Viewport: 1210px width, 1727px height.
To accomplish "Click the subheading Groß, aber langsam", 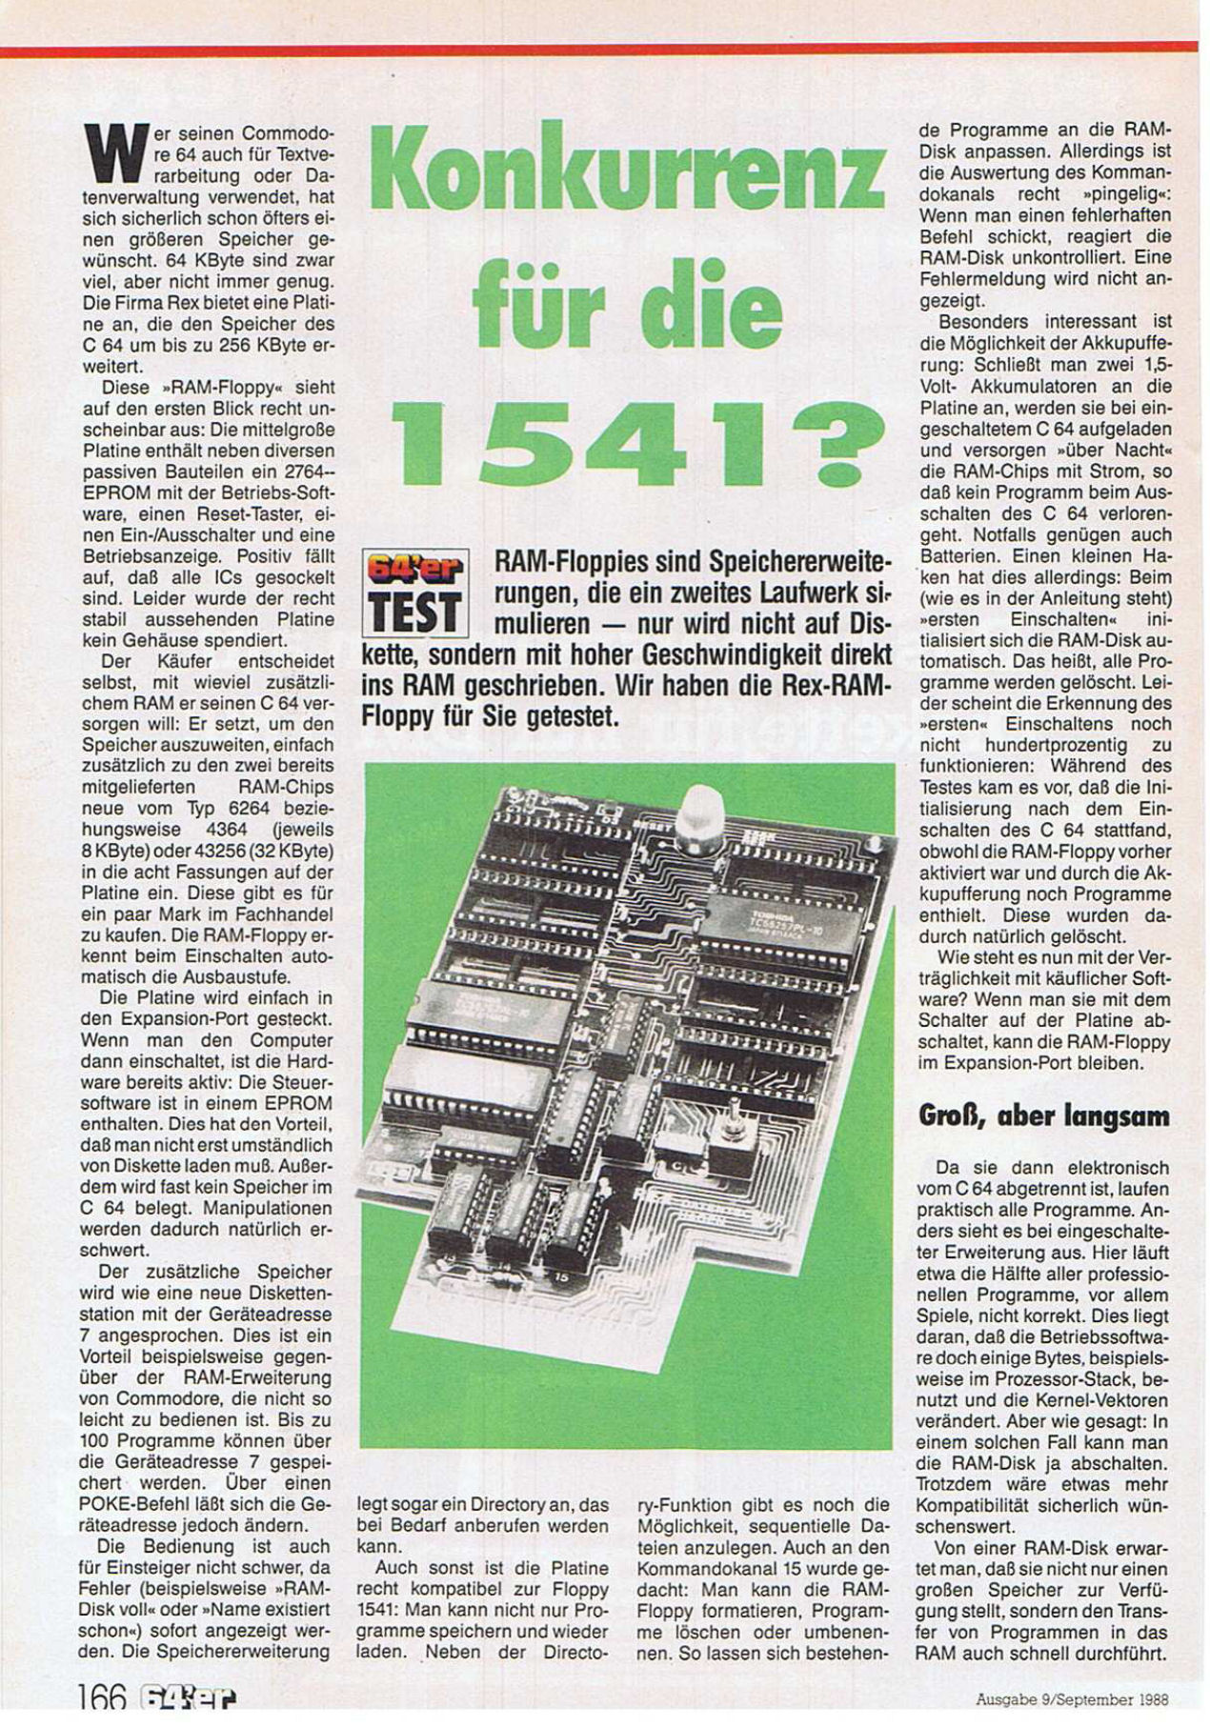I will pos(1043,1115).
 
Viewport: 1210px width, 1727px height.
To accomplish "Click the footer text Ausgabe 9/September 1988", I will pos(1072,1697).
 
